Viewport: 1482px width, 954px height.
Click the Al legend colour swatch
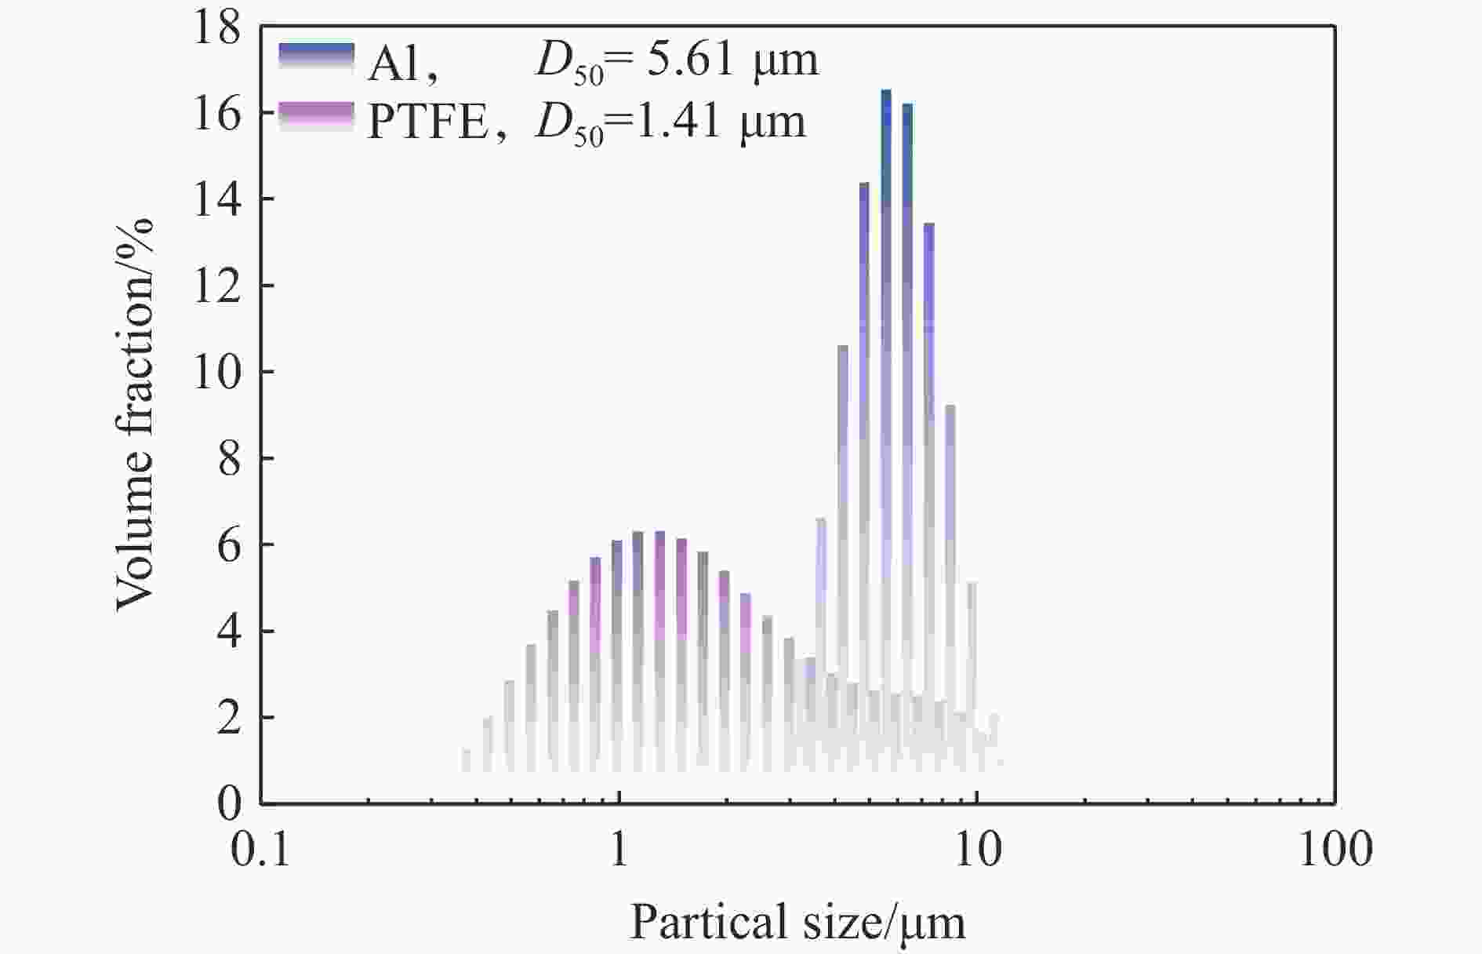tap(316, 59)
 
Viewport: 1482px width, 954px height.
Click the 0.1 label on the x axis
tap(260, 850)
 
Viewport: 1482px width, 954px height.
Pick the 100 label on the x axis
tap(1335, 850)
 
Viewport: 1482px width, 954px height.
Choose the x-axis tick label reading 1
tap(619, 850)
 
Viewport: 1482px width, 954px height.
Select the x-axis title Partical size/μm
tap(797, 923)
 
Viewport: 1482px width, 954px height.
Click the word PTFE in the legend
tap(428, 123)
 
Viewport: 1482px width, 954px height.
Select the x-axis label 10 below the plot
tap(977, 850)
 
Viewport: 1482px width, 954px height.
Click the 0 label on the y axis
tap(229, 803)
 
